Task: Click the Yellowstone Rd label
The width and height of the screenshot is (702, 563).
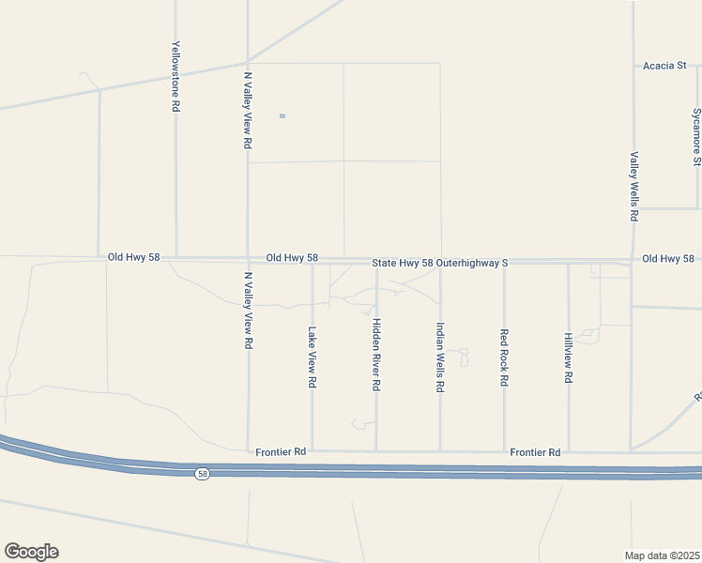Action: coord(175,76)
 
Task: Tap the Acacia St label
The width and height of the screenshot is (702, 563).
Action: coord(664,66)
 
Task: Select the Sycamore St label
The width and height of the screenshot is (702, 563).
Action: coord(697,137)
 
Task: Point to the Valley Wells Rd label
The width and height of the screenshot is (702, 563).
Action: coord(634,186)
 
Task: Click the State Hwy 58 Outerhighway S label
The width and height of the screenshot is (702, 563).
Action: coord(439,264)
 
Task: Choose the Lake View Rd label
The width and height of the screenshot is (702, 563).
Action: coord(313,358)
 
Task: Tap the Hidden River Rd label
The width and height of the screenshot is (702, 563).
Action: coord(376,354)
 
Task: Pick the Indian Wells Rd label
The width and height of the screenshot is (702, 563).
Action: coord(440,358)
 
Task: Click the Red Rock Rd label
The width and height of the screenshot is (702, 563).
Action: coord(504,358)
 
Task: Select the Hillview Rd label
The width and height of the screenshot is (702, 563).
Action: coord(568,358)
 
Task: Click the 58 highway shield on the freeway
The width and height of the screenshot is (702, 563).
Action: coord(203,474)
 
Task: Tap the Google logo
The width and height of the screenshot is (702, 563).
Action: coord(31,552)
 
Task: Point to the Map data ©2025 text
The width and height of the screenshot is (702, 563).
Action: coord(663,555)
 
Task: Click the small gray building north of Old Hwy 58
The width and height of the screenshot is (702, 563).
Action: coord(282,115)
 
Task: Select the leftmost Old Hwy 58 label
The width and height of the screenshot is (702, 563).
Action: coord(134,256)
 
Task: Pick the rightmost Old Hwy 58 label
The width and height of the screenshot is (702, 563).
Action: coord(668,258)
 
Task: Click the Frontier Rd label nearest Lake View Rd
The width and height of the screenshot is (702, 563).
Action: coord(281,452)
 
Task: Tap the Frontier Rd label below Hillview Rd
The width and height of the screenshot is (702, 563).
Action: coord(535,452)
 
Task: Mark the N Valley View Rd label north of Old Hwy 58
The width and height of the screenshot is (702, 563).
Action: coord(248,110)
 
